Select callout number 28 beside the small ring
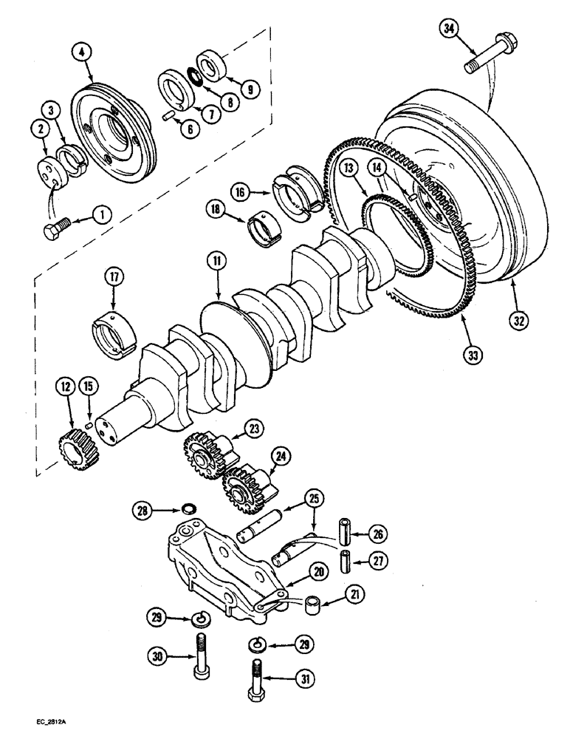pyautogui.click(x=142, y=509)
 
